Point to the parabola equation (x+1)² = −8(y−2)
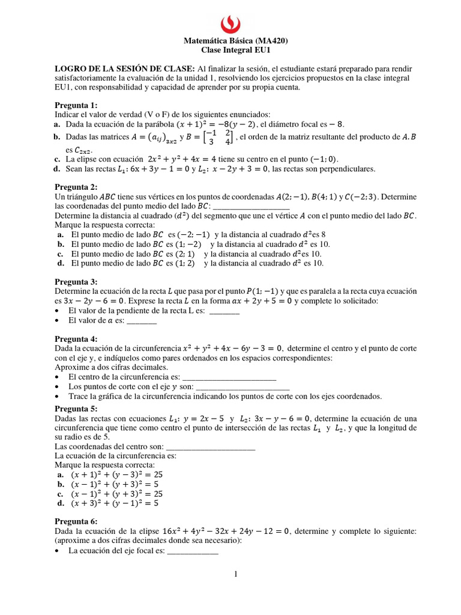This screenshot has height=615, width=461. coord(206,124)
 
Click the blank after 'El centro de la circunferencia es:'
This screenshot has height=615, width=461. coord(232,377)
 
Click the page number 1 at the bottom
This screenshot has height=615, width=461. coord(236,575)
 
